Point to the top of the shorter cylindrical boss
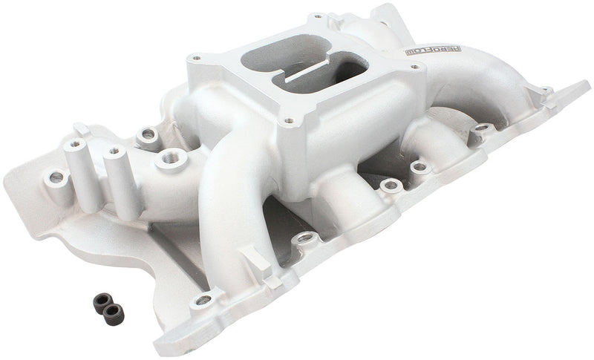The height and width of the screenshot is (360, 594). point(115,151)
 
